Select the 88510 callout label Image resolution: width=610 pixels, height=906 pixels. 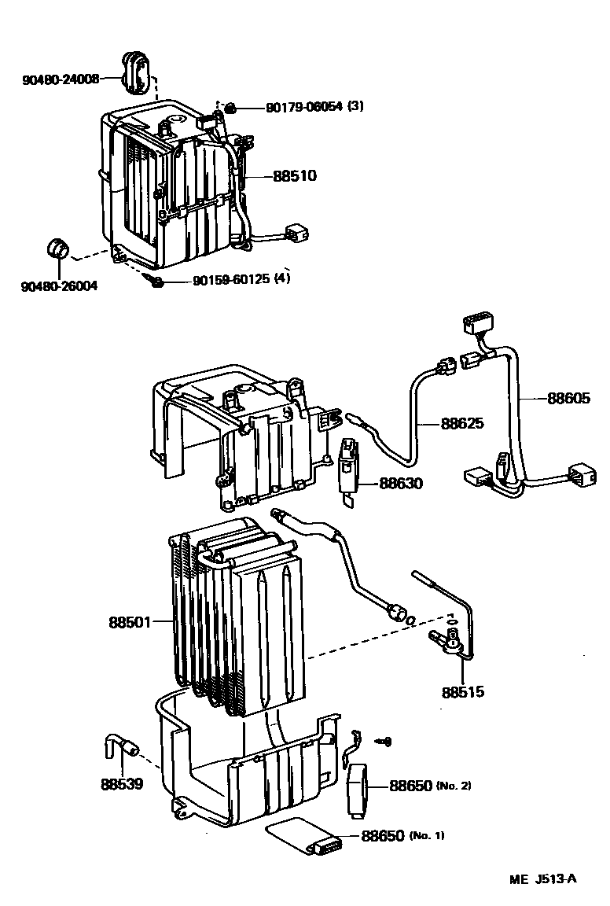[x=295, y=176]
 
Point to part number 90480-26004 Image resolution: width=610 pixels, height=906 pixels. [x=60, y=285]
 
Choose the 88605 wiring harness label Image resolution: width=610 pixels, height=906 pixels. [x=568, y=399]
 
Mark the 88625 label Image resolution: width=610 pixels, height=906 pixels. [x=462, y=424]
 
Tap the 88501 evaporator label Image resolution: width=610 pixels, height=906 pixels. [x=130, y=622]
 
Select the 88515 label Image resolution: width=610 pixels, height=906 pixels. [x=463, y=693]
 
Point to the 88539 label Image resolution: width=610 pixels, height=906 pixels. [x=122, y=784]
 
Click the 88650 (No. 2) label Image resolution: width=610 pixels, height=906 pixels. [x=410, y=786]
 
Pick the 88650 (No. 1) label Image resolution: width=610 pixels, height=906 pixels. [x=383, y=835]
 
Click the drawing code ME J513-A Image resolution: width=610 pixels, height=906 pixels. [x=542, y=878]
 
